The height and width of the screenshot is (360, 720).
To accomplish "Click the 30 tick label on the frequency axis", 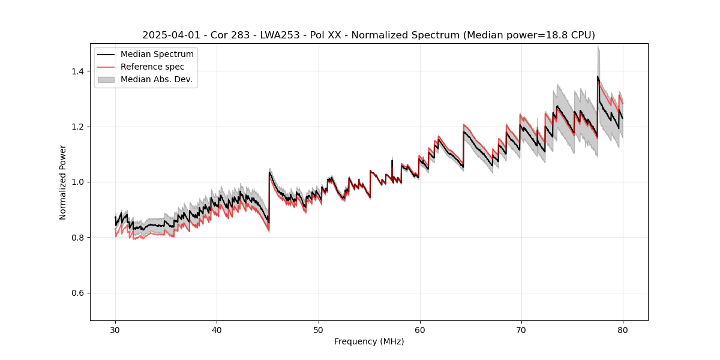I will pyautogui.click(x=115, y=329).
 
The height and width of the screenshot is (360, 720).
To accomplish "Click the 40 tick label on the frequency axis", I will pyautogui.click(x=217, y=329).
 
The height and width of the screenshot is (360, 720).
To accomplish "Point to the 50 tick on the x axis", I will pyautogui.click(x=318, y=329).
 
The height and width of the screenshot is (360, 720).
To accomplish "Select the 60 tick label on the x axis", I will pyautogui.click(x=419, y=329).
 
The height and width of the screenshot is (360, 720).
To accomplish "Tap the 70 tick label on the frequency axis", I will pyautogui.click(x=521, y=329).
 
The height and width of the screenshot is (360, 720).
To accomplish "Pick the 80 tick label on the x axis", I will pyautogui.click(x=622, y=329).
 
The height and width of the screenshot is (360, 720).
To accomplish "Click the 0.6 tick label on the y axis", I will pyautogui.click(x=79, y=293).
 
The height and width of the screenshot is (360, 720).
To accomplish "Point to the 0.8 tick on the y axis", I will pyautogui.click(x=79, y=238).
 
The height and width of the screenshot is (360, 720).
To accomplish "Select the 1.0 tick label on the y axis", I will pyautogui.click(x=79, y=182).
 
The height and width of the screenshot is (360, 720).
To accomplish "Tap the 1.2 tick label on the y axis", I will pyautogui.click(x=79, y=127).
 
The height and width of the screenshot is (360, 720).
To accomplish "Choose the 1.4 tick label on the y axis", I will pyautogui.click(x=79, y=71).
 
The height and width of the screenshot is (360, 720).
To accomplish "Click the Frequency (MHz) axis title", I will pyautogui.click(x=369, y=341).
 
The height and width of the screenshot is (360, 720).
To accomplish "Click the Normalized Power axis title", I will pyautogui.click(x=63, y=182).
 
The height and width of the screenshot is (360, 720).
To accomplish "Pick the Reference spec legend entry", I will pyautogui.click(x=152, y=67).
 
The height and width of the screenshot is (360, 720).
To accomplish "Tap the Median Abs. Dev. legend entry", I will pyautogui.click(x=156, y=79).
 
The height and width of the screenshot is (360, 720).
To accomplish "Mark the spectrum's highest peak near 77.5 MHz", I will pyautogui.click(x=598, y=76).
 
